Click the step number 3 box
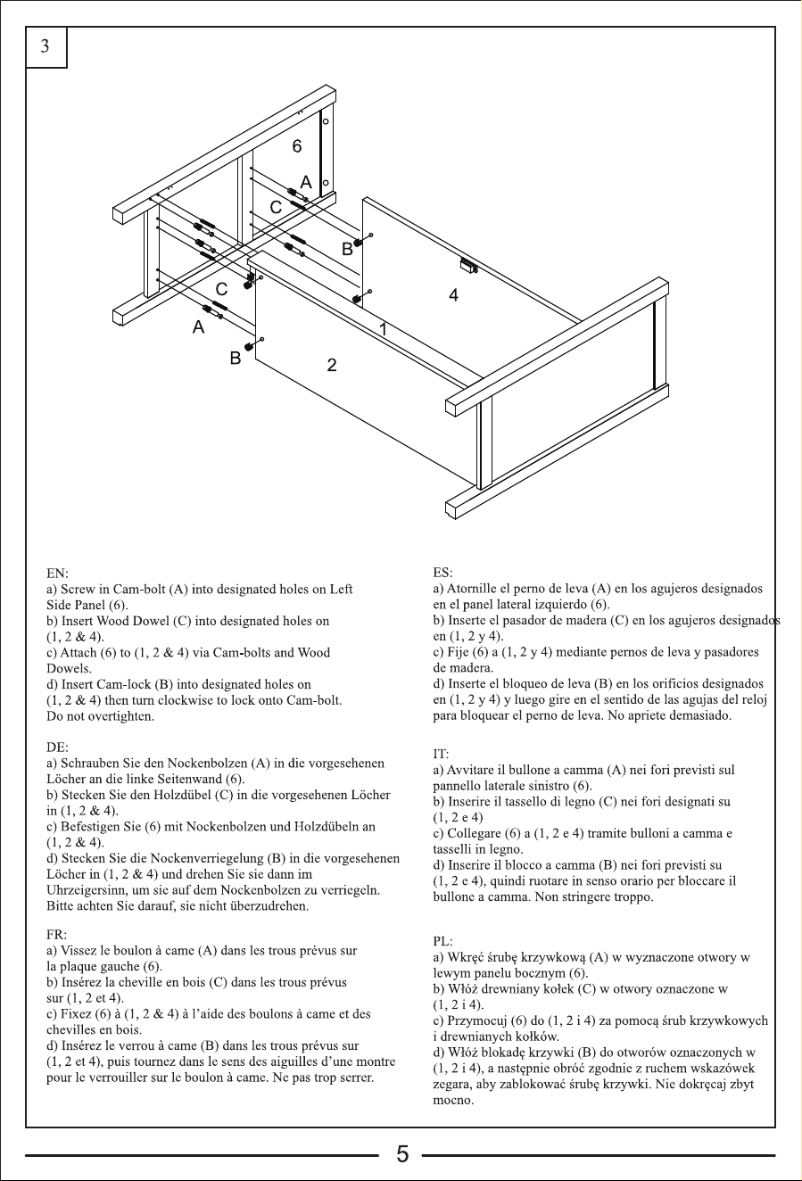(x=46, y=47)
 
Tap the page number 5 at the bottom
(x=401, y=1154)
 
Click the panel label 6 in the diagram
(x=297, y=146)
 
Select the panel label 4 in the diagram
(x=453, y=295)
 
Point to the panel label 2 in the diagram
(x=332, y=365)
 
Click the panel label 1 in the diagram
(x=384, y=329)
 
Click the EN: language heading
(x=57, y=573)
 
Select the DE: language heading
(x=57, y=747)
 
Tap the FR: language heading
(x=57, y=935)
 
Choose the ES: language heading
(x=442, y=572)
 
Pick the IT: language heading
(x=442, y=754)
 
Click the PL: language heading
(x=442, y=941)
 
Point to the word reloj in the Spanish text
(x=754, y=699)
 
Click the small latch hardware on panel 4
(x=468, y=264)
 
